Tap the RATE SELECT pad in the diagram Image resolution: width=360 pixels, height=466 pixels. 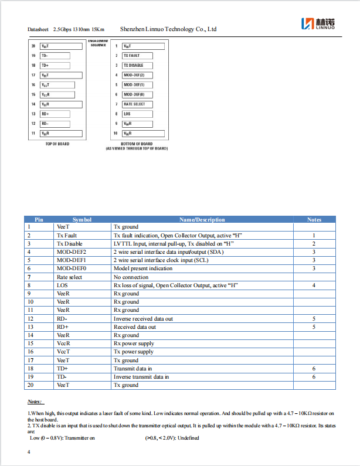click(x=134, y=104)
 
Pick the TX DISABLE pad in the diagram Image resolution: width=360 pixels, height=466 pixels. click(x=133, y=66)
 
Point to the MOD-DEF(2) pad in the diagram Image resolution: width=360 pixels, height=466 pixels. click(x=134, y=75)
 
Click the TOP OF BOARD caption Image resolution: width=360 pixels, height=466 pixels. click(x=57, y=144)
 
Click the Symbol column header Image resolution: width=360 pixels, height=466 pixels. click(x=82, y=220)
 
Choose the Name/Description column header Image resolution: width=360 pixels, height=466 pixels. click(x=202, y=220)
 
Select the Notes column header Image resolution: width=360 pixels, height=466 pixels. click(x=314, y=220)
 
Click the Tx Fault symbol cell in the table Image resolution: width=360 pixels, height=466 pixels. click(x=67, y=235)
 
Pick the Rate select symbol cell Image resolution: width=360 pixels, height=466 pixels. click(x=69, y=277)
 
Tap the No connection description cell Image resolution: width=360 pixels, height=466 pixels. click(x=131, y=277)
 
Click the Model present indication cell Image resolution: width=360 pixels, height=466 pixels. click(x=143, y=268)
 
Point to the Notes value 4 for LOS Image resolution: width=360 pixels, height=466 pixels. click(x=314, y=285)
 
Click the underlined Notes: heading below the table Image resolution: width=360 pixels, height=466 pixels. click(x=35, y=402)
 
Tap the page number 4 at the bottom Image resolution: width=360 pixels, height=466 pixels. click(x=29, y=453)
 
